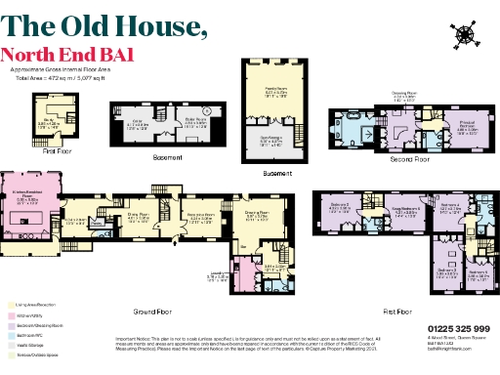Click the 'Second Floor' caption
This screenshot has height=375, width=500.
tap(403, 159)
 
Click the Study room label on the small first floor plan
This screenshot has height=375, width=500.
tap(46, 124)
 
